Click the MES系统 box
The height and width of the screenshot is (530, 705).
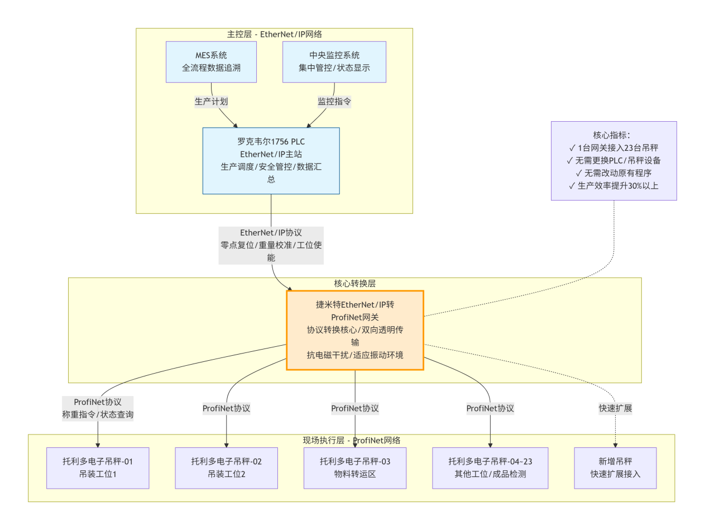click(x=211, y=62)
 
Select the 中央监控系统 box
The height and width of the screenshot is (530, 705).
click(x=334, y=62)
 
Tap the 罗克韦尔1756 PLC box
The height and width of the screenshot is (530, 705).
click(x=271, y=160)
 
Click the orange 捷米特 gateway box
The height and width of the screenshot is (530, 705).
click(x=355, y=330)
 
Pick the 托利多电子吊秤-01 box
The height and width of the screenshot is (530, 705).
click(x=98, y=468)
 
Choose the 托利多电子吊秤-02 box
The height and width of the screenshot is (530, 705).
click(x=226, y=468)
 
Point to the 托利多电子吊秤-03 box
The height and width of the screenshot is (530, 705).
click(x=355, y=468)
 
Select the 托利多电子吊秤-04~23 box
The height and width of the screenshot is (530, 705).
click(x=490, y=468)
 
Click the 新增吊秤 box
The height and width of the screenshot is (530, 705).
click(x=615, y=468)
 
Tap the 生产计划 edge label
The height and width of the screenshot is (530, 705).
click(x=211, y=102)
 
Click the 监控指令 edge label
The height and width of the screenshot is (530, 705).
click(x=334, y=102)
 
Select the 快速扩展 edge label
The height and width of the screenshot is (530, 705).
click(x=615, y=408)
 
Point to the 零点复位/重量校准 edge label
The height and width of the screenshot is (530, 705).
click(x=271, y=245)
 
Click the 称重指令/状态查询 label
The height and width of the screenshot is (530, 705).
click(x=98, y=414)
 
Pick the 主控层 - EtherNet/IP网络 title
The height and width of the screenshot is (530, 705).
click(x=274, y=34)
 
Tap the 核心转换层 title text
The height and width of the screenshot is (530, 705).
click(x=355, y=283)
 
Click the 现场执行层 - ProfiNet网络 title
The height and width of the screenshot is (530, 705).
click(x=352, y=440)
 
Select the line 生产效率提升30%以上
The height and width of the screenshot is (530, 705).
click(x=613, y=185)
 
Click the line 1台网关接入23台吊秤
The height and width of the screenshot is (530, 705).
click(x=613, y=148)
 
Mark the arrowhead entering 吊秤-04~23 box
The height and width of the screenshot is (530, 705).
click(x=490, y=445)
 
